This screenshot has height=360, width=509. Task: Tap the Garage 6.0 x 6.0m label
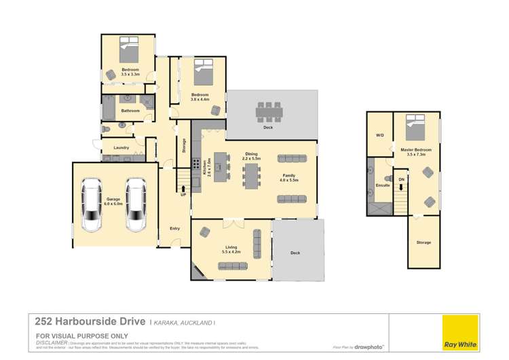[113, 202]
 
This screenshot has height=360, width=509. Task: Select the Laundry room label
[121, 147]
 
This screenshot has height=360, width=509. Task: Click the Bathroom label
[130, 111]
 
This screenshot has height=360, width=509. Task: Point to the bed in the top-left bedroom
[130, 50]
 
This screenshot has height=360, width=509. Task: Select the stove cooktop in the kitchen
[196, 164]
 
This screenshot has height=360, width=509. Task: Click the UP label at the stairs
[183, 195]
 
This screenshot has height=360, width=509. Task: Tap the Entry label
[175, 228]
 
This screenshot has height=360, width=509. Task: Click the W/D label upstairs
[379, 135]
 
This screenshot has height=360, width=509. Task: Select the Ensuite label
[382, 184]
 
